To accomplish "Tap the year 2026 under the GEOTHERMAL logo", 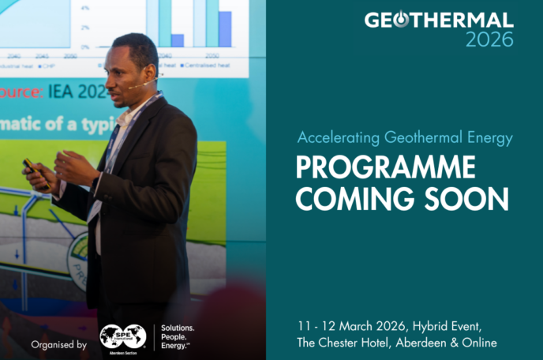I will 489,39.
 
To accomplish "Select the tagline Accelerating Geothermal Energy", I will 405,138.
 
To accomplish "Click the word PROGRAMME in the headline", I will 386,167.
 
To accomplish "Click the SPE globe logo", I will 123,336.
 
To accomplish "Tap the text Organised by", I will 59,344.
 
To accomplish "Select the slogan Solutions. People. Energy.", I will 178,336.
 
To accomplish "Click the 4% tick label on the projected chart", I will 85,8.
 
